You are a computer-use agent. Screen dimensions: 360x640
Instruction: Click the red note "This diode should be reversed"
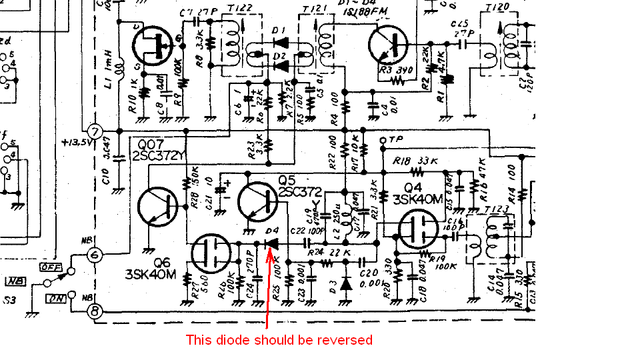coord(279,340)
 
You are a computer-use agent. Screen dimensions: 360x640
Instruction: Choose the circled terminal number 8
coord(96,311)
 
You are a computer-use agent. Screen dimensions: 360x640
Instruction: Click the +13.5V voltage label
coord(75,142)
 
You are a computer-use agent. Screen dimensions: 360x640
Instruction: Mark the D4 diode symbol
coord(272,243)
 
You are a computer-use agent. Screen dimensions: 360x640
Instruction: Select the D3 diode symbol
coord(345,283)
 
